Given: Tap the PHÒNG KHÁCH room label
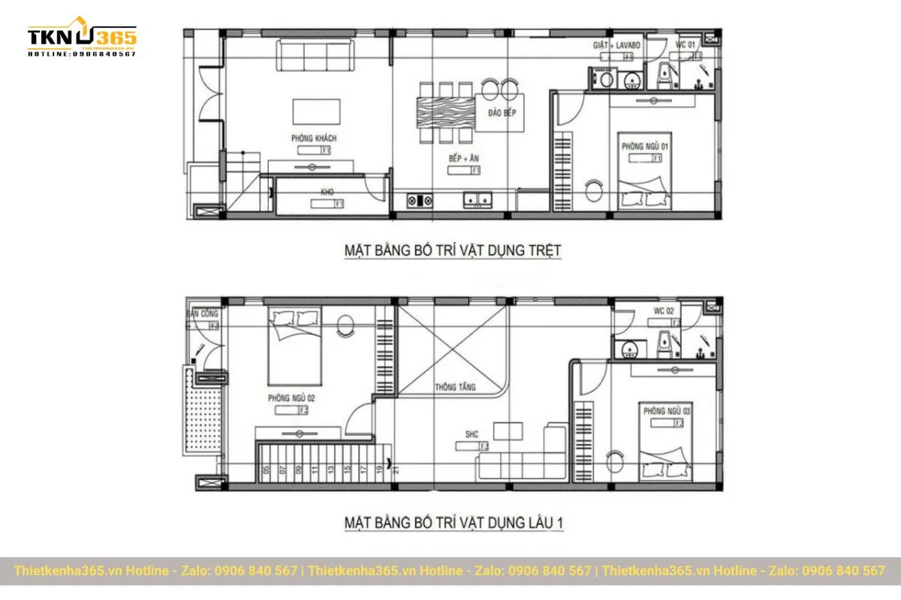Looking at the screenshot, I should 314,139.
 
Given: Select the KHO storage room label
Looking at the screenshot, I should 327,193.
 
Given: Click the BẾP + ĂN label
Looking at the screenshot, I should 464,159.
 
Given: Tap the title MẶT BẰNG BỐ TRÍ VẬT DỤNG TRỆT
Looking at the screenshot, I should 453,250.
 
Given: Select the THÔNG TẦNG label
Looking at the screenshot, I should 453,388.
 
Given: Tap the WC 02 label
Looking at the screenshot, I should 664,311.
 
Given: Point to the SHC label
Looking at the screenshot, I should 472,434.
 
